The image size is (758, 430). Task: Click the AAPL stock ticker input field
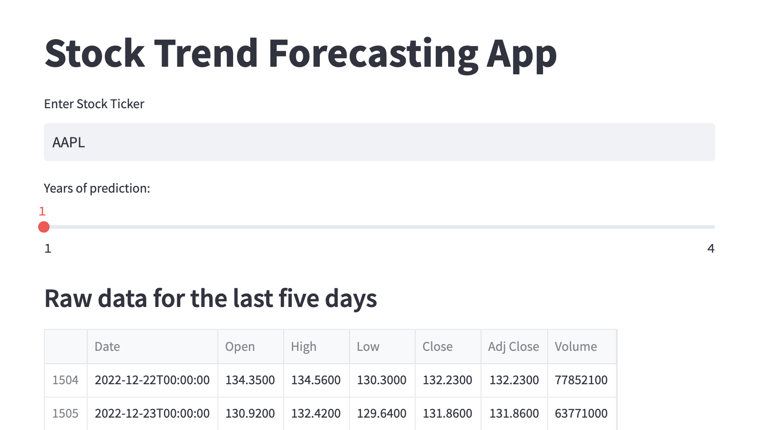coord(379,142)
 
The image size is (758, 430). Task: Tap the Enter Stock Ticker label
coord(94,104)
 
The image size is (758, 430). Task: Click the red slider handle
coord(44,226)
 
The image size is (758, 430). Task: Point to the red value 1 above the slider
coord(42,212)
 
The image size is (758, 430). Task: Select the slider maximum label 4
coord(711,249)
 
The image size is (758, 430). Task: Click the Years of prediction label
coord(97,188)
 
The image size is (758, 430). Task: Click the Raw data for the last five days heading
coord(211,299)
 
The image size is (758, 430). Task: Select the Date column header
coord(107,347)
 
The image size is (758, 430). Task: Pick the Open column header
coord(240,347)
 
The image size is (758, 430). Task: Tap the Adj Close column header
coord(513,347)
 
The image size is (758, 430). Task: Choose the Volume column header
coord(575,347)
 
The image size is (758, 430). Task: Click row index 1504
coord(65,380)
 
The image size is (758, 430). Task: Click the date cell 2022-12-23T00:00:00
coord(152,413)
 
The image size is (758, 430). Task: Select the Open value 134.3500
coord(250,380)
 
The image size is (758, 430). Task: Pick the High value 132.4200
coord(316,413)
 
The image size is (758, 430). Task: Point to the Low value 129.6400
coord(382,413)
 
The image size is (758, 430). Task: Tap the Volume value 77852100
coord(581,380)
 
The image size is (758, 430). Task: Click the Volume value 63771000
coord(581,413)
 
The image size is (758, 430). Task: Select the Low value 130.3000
coord(382,380)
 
